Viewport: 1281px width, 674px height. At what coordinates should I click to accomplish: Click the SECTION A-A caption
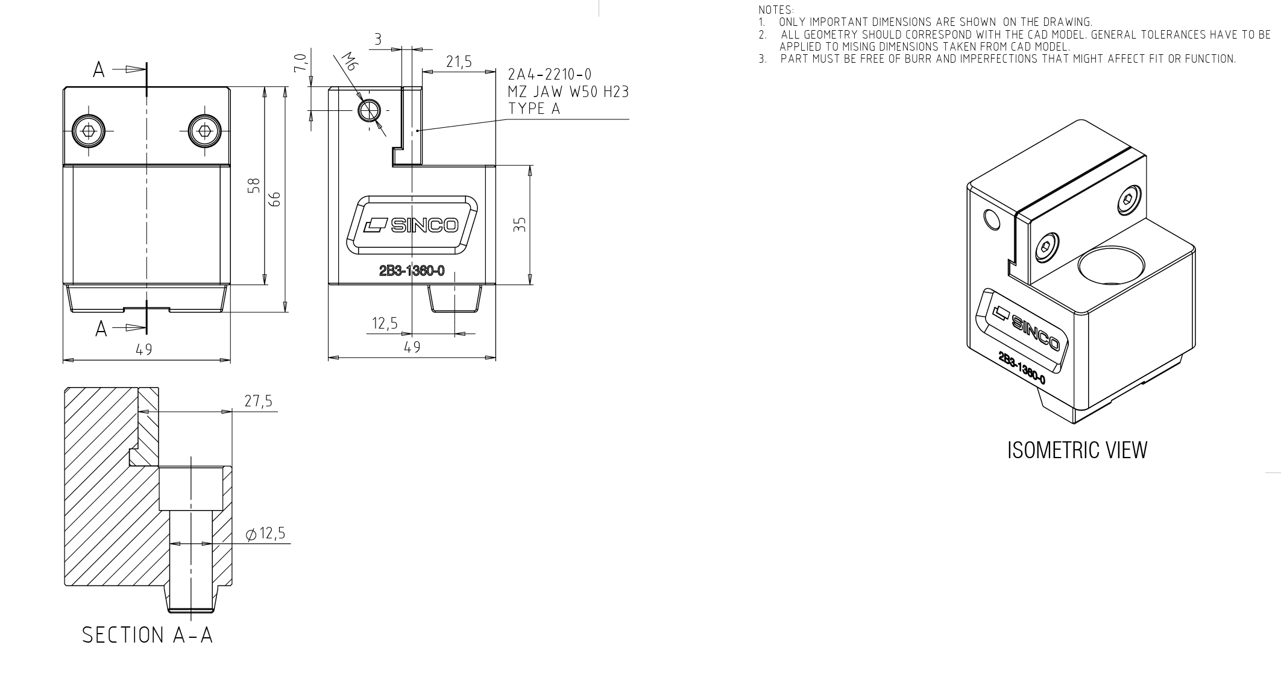148,635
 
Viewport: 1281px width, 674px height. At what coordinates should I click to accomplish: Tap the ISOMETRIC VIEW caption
1077,450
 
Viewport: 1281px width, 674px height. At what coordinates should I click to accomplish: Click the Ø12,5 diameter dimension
265,534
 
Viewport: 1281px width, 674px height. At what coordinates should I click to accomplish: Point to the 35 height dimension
521,224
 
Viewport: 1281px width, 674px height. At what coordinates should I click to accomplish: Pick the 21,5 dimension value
459,61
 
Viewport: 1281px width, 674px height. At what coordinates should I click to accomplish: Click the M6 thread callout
349,62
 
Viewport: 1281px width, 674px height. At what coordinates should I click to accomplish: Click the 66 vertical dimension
275,199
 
